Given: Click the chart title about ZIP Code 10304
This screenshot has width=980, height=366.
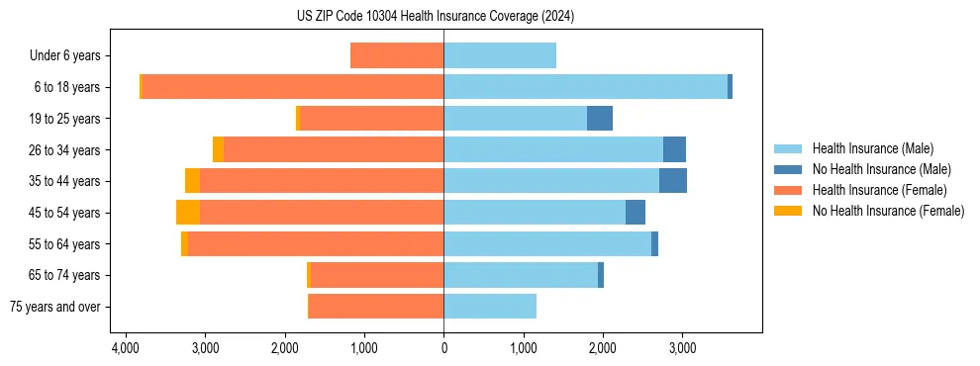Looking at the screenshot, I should pyautogui.click(x=436, y=17).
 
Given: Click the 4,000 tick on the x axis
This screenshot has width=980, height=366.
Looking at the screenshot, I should pyautogui.click(x=126, y=349).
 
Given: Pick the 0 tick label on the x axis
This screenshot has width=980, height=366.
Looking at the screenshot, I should pyautogui.click(x=443, y=349).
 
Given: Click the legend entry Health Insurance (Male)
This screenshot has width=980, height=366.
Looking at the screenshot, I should pyautogui.click(x=872, y=148).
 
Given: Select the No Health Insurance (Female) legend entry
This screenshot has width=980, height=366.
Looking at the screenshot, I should pyautogui.click(x=888, y=211).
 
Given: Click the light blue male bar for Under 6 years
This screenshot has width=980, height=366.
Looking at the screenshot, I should pyautogui.click(x=500, y=56).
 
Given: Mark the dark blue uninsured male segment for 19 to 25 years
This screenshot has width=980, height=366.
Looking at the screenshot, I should pyautogui.click(x=600, y=119).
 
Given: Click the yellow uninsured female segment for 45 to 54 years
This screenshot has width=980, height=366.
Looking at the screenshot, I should pyautogui.click(x=188, y=213).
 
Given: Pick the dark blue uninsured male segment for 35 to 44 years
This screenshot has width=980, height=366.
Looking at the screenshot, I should pyautogui.click(x=673, y=181).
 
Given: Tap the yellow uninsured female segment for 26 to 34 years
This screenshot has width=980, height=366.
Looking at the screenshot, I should pyautogui.click(x=218, y=149).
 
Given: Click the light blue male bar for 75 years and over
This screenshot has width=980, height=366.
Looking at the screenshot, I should pyautogui.click(x=490, y=307).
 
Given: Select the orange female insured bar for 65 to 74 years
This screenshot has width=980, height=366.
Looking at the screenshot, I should pyautogui.click(x=377, y=275).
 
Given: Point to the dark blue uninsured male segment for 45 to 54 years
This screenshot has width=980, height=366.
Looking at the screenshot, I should pyautogui.click(x=636, y=213).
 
